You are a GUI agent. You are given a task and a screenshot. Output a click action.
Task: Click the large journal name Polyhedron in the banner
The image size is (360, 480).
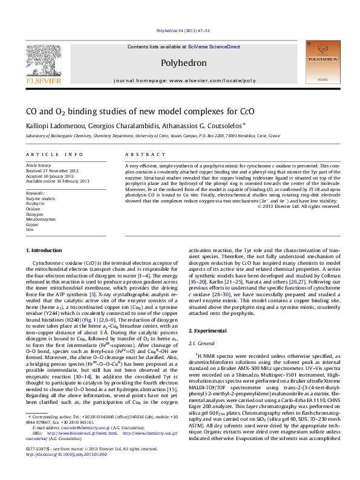coord(177,62)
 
